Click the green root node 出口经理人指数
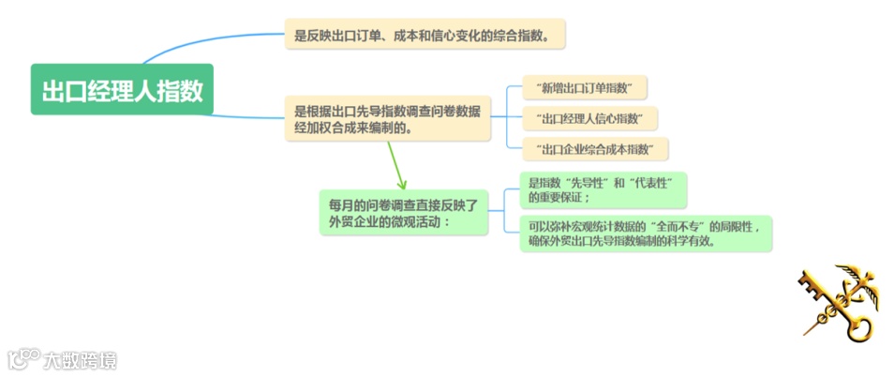click(122, 89)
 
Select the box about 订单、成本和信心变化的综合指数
click(425, 37)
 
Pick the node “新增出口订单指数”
click(586, 88)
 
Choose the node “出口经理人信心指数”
click(589, 118)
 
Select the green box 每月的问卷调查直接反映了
click(402, 212)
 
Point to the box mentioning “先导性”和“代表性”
click(603, 190)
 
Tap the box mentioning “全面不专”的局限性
click(646, 233)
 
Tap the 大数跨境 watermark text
click(80, 358)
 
